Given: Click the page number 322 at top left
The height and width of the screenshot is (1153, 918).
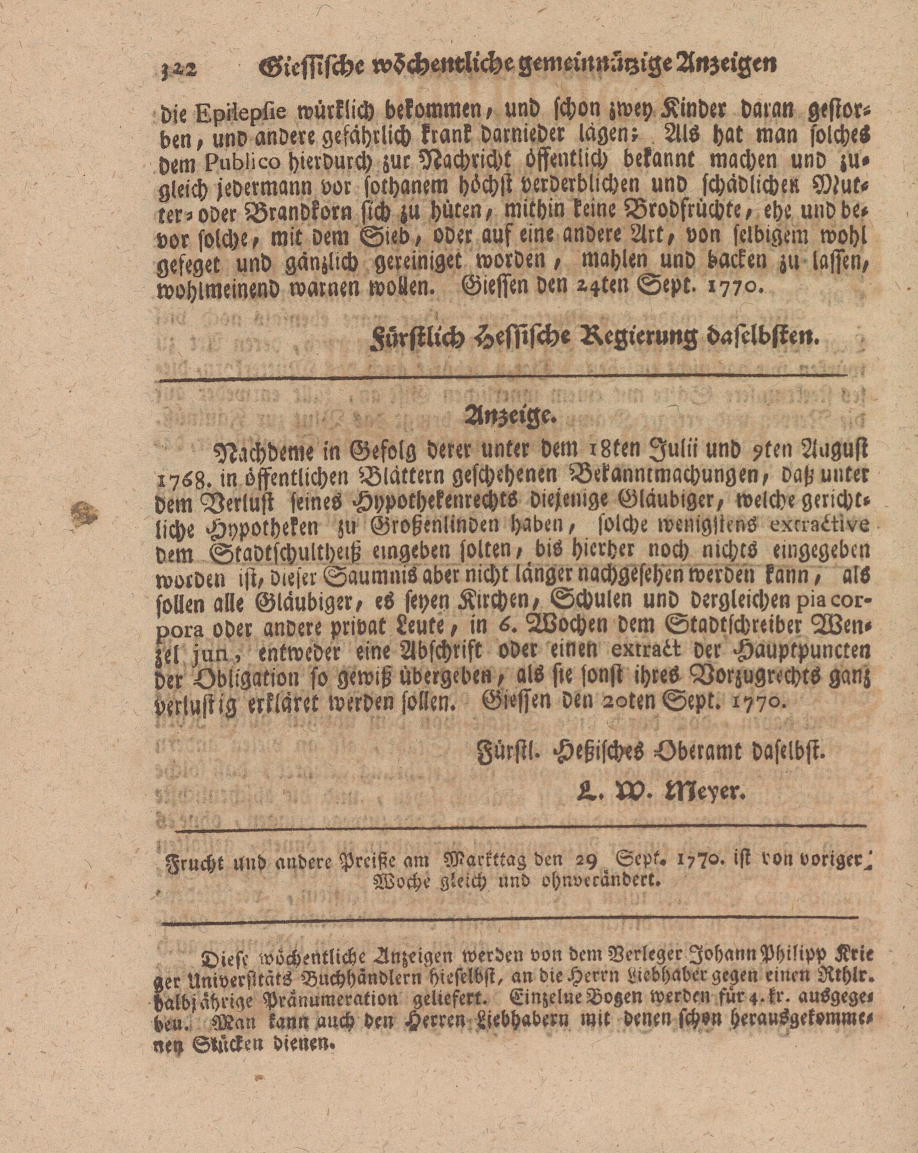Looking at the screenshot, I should click(179, 70).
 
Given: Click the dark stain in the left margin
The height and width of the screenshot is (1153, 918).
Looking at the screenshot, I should click(85, 514).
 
